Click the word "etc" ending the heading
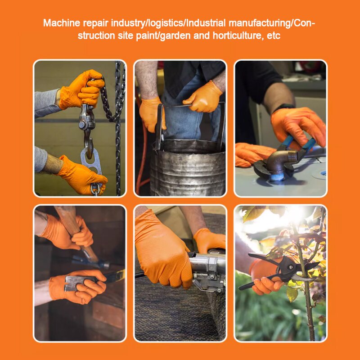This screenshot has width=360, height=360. [x=274, y=36]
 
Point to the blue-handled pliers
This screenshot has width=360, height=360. [x=297, y=144]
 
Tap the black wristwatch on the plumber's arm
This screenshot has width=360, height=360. [x=283, y=108]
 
